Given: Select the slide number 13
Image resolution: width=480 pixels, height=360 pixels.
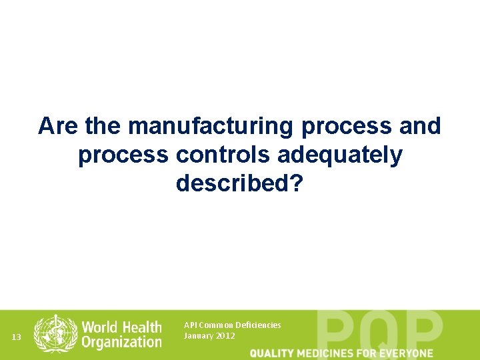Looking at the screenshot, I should coord(17,337).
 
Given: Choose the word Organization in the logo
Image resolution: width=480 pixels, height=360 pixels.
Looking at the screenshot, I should coord(122,342).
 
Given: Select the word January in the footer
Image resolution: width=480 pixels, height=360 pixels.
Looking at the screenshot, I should coord(198,336).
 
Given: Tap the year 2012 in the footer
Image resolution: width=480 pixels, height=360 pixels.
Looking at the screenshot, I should coord(225,336).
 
